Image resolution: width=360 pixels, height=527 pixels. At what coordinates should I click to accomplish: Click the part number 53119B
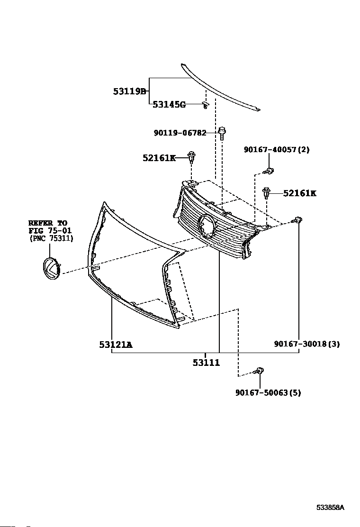[x=129, y=91]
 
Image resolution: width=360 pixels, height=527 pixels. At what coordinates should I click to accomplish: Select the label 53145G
[x=169, y=105]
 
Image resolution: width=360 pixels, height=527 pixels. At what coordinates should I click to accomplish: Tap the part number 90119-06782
[x=180, y=133]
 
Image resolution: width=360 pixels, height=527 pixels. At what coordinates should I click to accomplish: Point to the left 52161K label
[x=159, y=158]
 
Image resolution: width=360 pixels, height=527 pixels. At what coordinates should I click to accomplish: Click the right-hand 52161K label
[x=299, y=193]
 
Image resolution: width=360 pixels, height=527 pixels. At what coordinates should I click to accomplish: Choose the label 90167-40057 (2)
[x=277, y=150]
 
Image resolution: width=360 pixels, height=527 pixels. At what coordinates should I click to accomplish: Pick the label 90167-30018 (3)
[x=306, y=344]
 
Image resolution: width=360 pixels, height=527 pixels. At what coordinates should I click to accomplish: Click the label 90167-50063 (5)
[x=268, y=392]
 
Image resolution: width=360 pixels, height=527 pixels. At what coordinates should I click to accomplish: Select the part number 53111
[x=206, y=363]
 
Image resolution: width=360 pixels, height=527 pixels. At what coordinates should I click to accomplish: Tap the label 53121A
[x=116, y=345]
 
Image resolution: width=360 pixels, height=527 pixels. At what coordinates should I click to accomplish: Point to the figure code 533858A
[x=330, y=508]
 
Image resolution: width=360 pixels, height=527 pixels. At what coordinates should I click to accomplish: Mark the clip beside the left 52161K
[x=191, y=156]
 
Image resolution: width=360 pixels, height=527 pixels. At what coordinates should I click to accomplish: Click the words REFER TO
[x=47, y=223]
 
